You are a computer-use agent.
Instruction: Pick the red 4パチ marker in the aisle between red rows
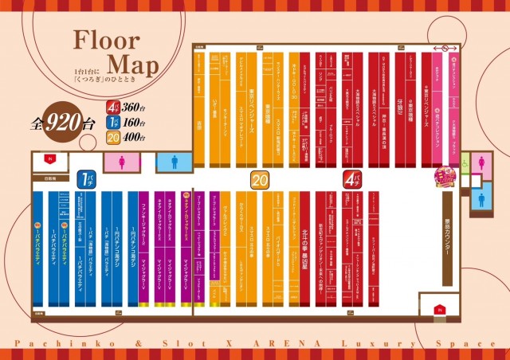pyautogui.click(x=351, y=178)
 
